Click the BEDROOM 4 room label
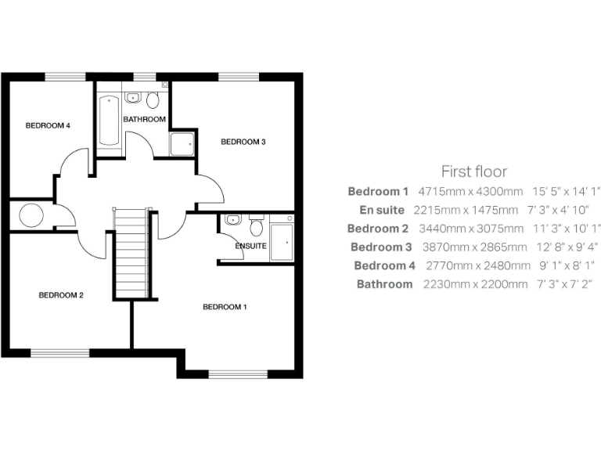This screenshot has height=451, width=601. tap(48, 125)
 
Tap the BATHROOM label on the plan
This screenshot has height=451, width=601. tap(144, 120)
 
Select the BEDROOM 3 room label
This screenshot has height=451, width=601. tap(243, 142)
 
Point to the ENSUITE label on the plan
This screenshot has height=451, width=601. tap(250, 246)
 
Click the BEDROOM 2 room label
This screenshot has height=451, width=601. tap(61, 295)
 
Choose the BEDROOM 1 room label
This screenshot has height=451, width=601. tap(225, 307)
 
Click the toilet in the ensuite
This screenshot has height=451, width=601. tap(256, 226)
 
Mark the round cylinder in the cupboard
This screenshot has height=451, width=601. tap(32, 215)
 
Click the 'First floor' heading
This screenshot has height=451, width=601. tap(474, 171)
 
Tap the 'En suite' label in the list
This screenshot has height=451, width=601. tap(382, 210)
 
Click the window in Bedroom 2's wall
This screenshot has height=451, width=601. tap(60, 353)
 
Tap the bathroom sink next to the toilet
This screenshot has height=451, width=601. tap(132, 98)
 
